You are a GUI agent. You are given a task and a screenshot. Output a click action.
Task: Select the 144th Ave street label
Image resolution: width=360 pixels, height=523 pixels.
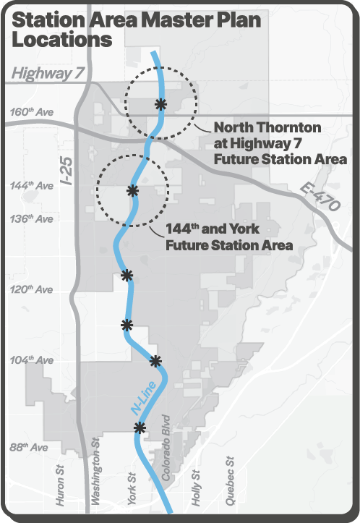[33, 186]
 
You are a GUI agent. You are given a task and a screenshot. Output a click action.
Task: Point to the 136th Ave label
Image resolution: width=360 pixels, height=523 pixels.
[33, 218]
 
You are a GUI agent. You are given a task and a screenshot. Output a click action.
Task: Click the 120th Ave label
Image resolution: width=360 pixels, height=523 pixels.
[33, 289]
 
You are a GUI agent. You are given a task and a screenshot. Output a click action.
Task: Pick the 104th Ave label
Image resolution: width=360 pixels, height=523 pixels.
[33, 360]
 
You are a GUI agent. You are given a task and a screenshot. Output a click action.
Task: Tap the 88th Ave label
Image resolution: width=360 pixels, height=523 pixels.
[30, 448]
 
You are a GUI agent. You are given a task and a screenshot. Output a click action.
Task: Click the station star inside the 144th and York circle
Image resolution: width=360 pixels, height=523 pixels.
[132, 190]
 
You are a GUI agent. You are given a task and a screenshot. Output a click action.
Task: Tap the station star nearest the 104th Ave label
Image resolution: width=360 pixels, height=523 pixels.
[155, 360]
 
